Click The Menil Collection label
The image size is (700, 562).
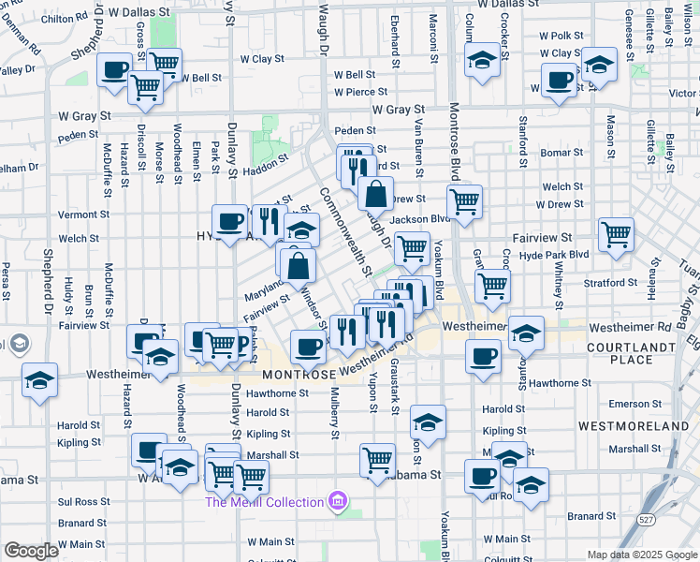pos(265,502)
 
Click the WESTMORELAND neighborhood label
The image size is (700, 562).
pos(634,425)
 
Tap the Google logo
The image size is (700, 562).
pos(31,551)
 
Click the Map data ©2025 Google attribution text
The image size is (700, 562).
pos(641,555)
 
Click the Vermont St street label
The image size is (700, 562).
pos(78,214)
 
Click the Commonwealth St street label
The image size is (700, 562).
pos(341,229)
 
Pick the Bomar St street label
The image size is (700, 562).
pos(561,152)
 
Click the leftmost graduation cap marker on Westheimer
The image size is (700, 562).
pos(40,379)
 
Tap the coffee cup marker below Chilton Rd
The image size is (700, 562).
pos(116,69)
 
